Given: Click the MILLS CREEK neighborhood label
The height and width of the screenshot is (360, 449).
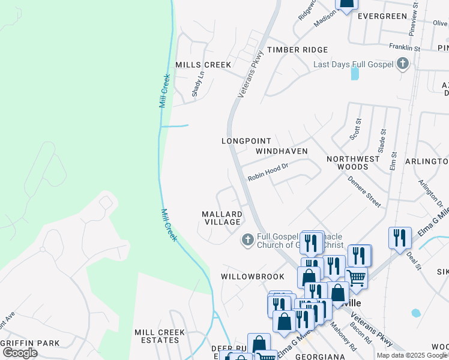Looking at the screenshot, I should click(x=202, y=64).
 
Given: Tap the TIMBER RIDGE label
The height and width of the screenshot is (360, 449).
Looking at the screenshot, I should click(x=298, y=50).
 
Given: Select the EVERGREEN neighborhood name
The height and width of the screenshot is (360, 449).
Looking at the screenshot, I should click(x=382, y=16).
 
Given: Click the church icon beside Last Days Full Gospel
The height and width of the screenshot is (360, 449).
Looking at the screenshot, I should click(x=403, y=64).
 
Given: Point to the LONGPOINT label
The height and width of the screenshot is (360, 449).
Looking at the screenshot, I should click(x=242, y=140).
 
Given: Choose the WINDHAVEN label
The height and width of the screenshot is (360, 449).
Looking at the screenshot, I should click(x=282, y=151).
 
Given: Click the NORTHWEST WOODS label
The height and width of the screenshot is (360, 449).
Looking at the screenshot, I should click(x=353, y=163).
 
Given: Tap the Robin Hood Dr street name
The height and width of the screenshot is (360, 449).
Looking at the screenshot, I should click(x=268, y=174).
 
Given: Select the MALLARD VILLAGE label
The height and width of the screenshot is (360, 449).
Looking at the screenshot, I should click(x=222, y=218).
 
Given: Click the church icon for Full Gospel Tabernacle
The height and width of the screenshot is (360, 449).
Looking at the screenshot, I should click(x=247, y=240).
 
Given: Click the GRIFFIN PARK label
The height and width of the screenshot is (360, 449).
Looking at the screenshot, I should click(x=30, y=343).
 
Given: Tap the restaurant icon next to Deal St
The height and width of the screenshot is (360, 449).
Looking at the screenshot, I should click(x=400, y=238).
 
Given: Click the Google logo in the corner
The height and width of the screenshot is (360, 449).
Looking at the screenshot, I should click(x=20, y=352).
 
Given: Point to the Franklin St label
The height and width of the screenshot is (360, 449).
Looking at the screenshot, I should click(x=405, y=47).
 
